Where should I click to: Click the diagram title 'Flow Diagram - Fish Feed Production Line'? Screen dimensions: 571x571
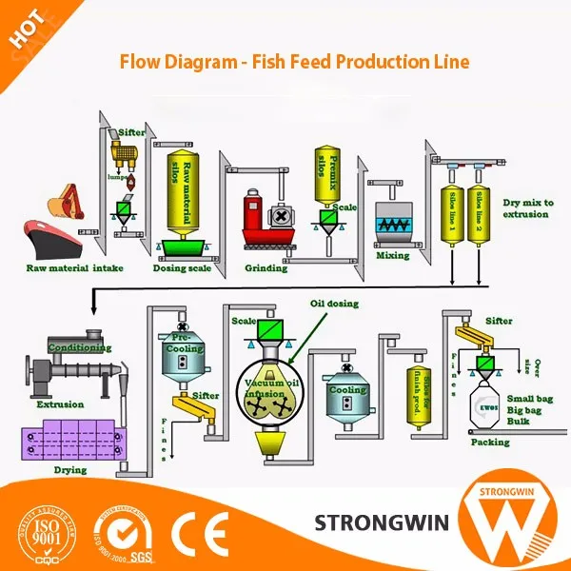(x=294, y=62)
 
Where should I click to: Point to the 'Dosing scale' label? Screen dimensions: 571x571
(x=184, y=268)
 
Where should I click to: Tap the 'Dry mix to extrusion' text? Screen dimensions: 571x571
(x=525, y=208)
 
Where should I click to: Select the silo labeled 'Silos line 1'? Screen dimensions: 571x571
(x=452, y=215)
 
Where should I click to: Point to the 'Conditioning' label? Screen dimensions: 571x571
(x=80, y=347)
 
